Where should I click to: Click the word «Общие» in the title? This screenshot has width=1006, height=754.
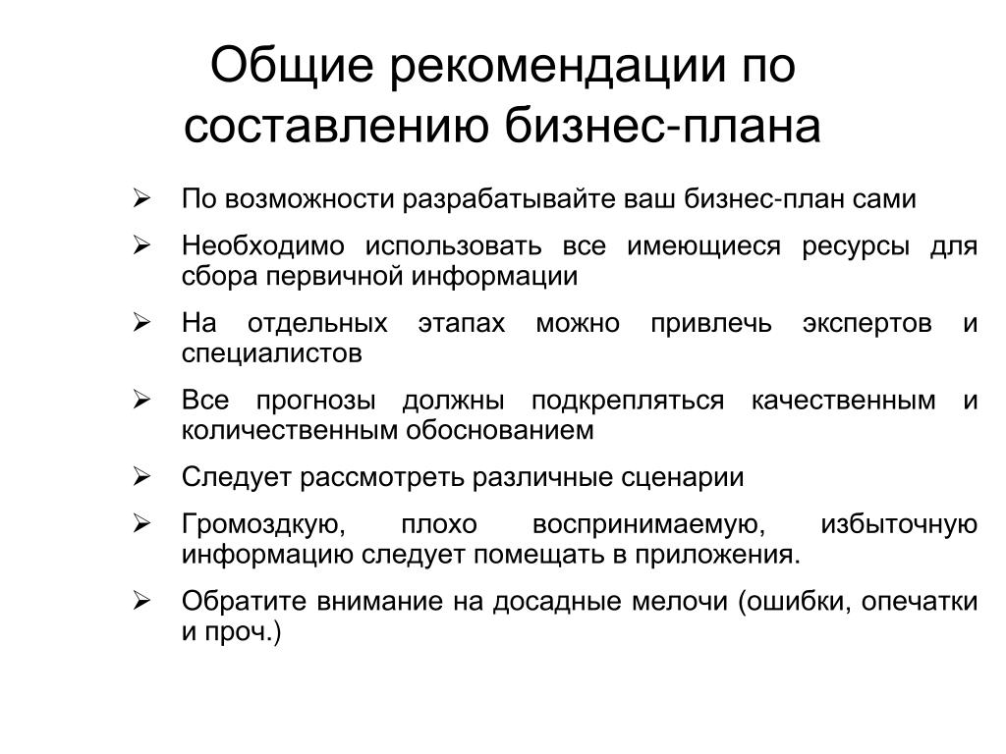pyautogui.click(x=292, y=67)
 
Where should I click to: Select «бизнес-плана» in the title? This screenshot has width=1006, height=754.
pyautogui.click(x=663, y=126)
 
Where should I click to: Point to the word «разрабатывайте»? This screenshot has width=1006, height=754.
pyautogui.click(x=510, y=199)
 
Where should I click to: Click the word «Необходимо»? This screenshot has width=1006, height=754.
pyautogui.click(x=263, y=245)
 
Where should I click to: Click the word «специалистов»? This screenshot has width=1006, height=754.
pyautogui.click(x=272, y=353)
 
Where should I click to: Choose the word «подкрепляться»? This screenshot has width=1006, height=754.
pyautogui.click(x=628, y=401)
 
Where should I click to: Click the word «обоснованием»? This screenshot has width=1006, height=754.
pyautogui.click(x=500, y=430)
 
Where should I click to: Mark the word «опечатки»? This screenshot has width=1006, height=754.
pyautogui.click(x=920, y=602)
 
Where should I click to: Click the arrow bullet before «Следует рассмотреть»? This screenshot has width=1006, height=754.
pyautogui.click(x=141, y=477)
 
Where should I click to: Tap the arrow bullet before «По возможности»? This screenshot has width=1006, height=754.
pyautogui.click(x=141, y=198)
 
